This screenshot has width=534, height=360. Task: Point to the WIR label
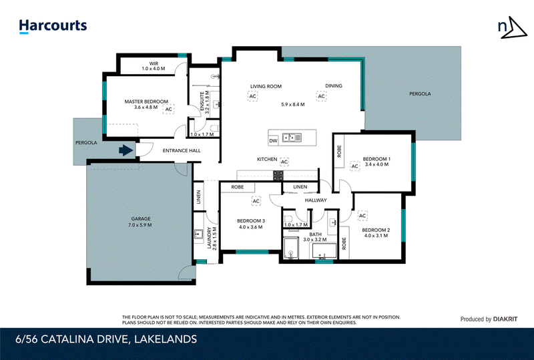coord(152,65)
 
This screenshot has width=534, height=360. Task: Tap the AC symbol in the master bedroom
coord(168,109)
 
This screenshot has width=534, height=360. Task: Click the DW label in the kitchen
coord(272,141)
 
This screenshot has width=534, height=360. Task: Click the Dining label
coord(334,86)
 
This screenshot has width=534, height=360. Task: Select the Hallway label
coord(316,200)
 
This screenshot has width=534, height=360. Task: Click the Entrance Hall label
coord(182,151)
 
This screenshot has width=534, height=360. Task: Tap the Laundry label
coord(209,237)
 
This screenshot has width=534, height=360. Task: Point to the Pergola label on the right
coord(420,94)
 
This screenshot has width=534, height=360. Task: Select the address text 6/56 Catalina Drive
coord(107,339)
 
